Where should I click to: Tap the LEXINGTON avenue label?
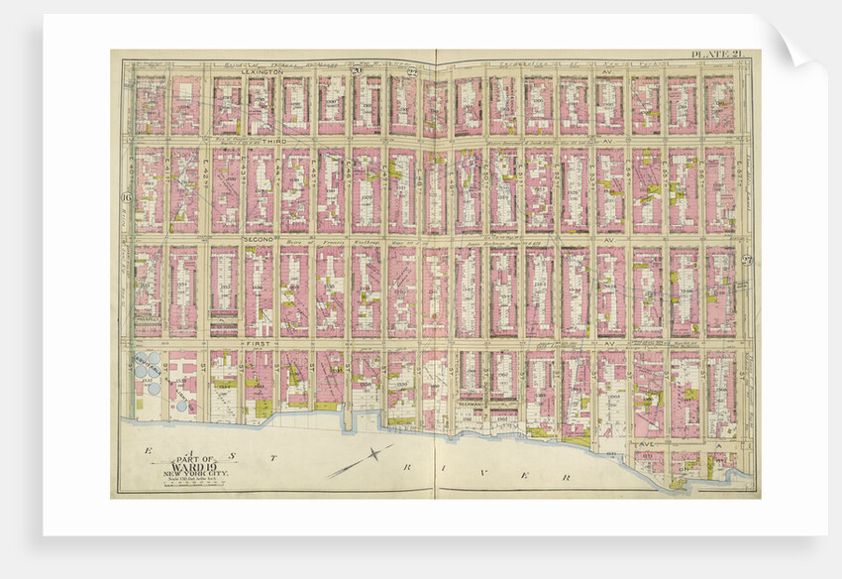point(262,72)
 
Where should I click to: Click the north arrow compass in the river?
point(371,457)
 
